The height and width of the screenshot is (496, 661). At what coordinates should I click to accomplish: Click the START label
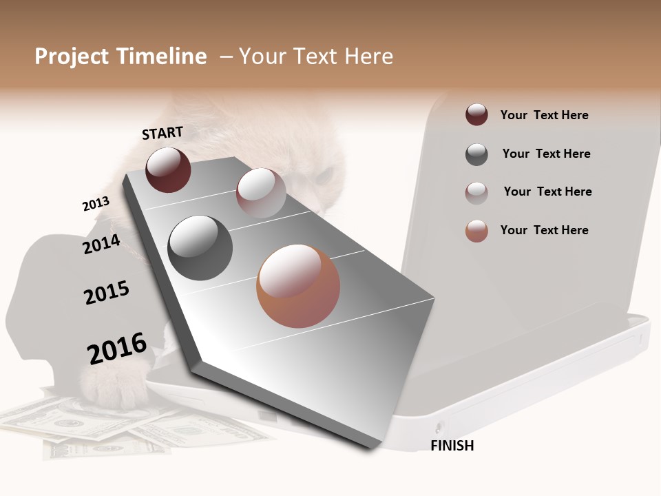[x=162, y=133]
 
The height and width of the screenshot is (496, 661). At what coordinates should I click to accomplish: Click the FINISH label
[x=452, y=446]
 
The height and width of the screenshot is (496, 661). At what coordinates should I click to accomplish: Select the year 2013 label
[x=96, y=204]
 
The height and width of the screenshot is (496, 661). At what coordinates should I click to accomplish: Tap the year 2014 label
[x=101, y=244]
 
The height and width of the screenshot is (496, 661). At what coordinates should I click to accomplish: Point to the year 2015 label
[x=107, y=293]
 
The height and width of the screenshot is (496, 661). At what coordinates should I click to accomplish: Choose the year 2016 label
[x=117, y=349]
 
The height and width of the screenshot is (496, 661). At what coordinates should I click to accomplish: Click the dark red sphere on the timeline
[x=168, y=169]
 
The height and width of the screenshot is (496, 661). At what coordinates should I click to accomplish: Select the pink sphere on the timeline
[x=261, y=193]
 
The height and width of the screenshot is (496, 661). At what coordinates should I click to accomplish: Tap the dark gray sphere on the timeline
[x=200, y=248]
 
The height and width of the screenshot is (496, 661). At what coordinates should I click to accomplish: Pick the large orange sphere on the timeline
[x=298, y=286]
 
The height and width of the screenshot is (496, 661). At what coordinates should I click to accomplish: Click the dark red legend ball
[x=476, y=115]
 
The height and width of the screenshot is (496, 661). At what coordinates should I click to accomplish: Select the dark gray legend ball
[x=476, y=154]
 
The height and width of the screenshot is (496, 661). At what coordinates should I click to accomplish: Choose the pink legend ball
[x=476, y=193]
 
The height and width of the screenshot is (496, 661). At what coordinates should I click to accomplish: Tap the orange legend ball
[x=476, y=231]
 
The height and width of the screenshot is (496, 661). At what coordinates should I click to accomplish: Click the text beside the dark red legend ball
[x=544, y=115]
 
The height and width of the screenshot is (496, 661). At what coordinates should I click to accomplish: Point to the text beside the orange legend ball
[x=544, y=230]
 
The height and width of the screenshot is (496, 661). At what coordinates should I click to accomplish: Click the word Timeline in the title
[x=161, y=56]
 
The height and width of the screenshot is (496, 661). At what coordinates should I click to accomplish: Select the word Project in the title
[x=72, y=56]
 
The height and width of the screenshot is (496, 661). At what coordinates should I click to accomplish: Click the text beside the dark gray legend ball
[x=546, y=154]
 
